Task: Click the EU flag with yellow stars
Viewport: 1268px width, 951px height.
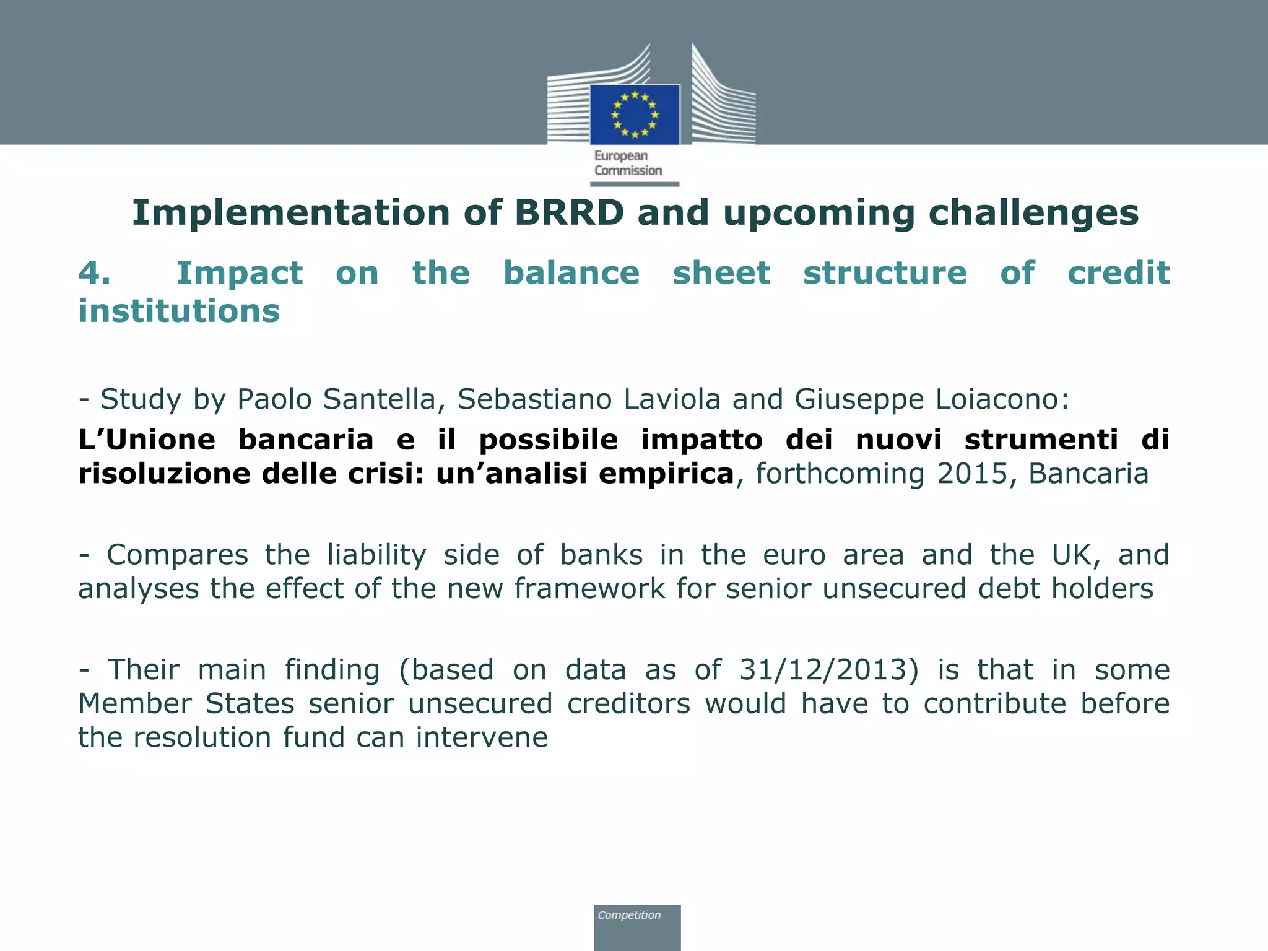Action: click(x=635, y=115)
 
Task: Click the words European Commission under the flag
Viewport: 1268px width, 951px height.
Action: click(x=628, y=163)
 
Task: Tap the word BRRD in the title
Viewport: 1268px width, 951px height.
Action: click(x=569, y=213)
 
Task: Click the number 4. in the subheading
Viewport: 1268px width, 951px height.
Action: click(x=94, y=273)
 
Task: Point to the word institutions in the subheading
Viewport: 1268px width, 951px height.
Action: click(x=179, y=311)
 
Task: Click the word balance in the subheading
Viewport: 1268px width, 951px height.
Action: click(x=571, y=273)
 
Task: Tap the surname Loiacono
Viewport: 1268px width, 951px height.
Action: click(x=1002, y=399)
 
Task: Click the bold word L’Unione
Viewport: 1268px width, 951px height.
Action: click(x=147, y=440)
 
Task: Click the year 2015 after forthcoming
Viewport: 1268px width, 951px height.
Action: click(x=972, y=474)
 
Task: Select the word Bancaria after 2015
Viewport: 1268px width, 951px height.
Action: click(x=1088, y=474)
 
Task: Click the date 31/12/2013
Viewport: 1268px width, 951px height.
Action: click(x=829, y=671)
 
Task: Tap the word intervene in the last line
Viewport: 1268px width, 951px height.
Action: click(x=481, y=738)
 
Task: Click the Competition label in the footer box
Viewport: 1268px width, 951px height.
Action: click(x=628, y=915)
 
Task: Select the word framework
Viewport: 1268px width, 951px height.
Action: click(x=589, y=589)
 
